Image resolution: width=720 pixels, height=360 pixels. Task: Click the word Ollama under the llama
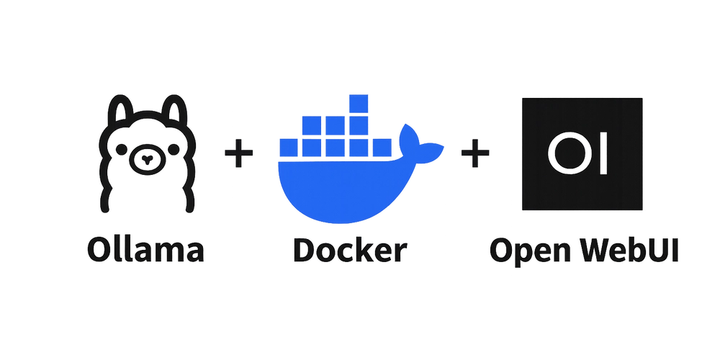tap(145, 251)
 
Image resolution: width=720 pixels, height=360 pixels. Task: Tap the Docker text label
tap(350, 251)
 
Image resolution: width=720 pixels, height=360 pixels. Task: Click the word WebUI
tap(626, 251)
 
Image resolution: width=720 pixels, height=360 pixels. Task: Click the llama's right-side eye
tap(173, 150)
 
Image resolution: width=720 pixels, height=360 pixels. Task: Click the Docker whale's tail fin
tap(419, 143)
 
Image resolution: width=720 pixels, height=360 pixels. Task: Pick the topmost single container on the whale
tap(359, 104)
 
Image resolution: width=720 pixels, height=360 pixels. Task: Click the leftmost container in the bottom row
tap(289, 148)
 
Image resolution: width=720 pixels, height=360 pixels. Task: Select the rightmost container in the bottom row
tap(382, 148)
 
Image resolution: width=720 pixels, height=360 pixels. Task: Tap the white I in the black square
tap(604, 154)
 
